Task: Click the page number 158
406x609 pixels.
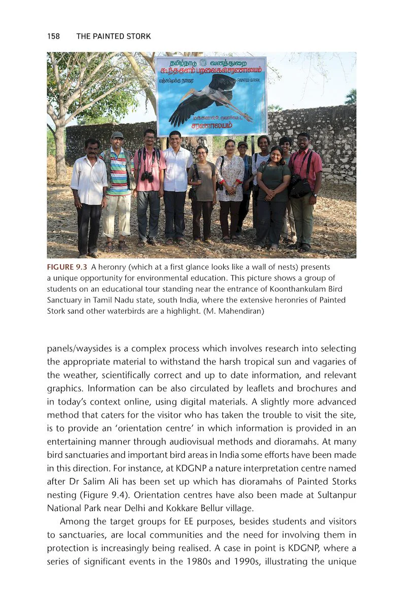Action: point(53,36)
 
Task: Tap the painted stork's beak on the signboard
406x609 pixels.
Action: point(192,95)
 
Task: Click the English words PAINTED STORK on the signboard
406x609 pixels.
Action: point(248,80)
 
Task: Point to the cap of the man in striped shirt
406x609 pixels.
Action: point(117,134)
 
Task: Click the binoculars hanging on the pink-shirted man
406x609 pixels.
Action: point(147,176)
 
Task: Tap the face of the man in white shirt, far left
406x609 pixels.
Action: point(92,148)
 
